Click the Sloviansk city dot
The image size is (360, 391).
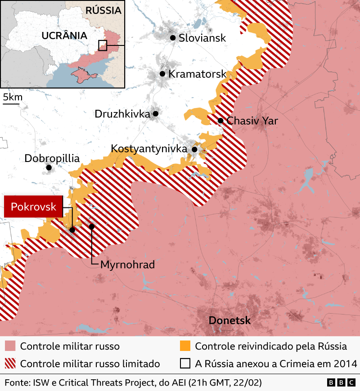[172, 38]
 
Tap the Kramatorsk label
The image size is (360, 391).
[197, 74]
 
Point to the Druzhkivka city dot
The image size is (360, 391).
[155, 114]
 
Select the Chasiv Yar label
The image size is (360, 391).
[252, 121]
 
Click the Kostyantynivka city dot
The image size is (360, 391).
[194, 149]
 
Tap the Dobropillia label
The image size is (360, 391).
[52, 158]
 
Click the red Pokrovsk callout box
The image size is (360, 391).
[33, 207]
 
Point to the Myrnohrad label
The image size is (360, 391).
[127, 265]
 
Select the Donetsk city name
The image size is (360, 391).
[229, 321]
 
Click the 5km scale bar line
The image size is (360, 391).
[11, 104]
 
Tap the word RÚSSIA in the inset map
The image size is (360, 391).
[103, 10]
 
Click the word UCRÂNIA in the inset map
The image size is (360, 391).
[64, 35]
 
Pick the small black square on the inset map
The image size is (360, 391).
[103, 45]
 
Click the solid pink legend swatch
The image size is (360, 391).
[10, 346]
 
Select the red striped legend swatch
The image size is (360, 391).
[10, 363]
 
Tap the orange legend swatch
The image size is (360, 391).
[185, 346]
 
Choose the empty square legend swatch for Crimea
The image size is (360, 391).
[185, 363]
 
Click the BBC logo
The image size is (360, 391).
[341, 382]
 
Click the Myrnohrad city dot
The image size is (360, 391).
[92, 226]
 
